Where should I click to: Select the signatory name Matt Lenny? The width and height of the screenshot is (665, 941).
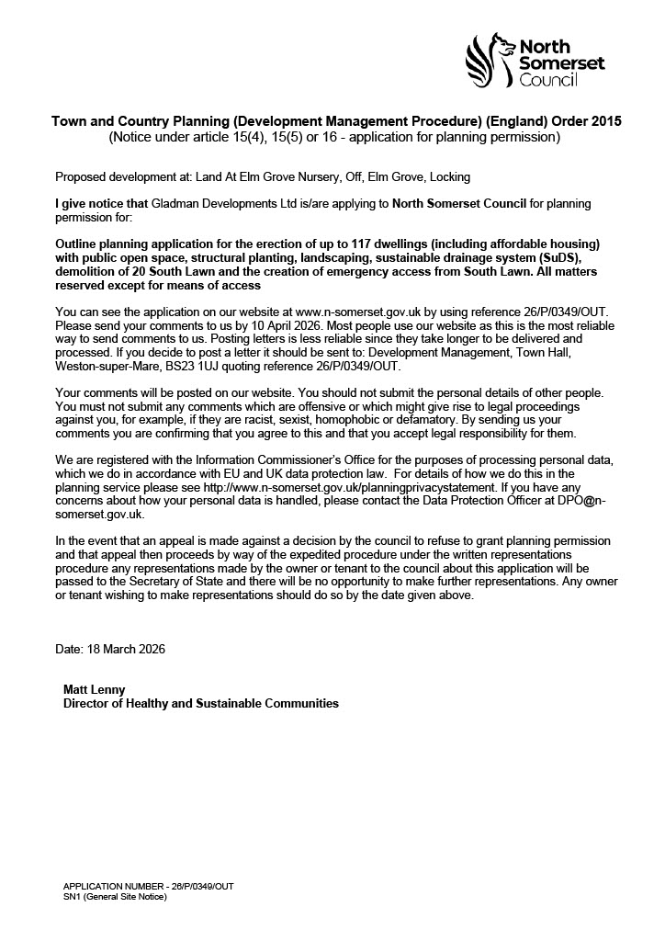pos(93,689)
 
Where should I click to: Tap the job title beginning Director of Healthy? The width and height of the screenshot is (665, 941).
pos(200,704)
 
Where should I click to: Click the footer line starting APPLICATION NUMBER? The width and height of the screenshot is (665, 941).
pos(148,886)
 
